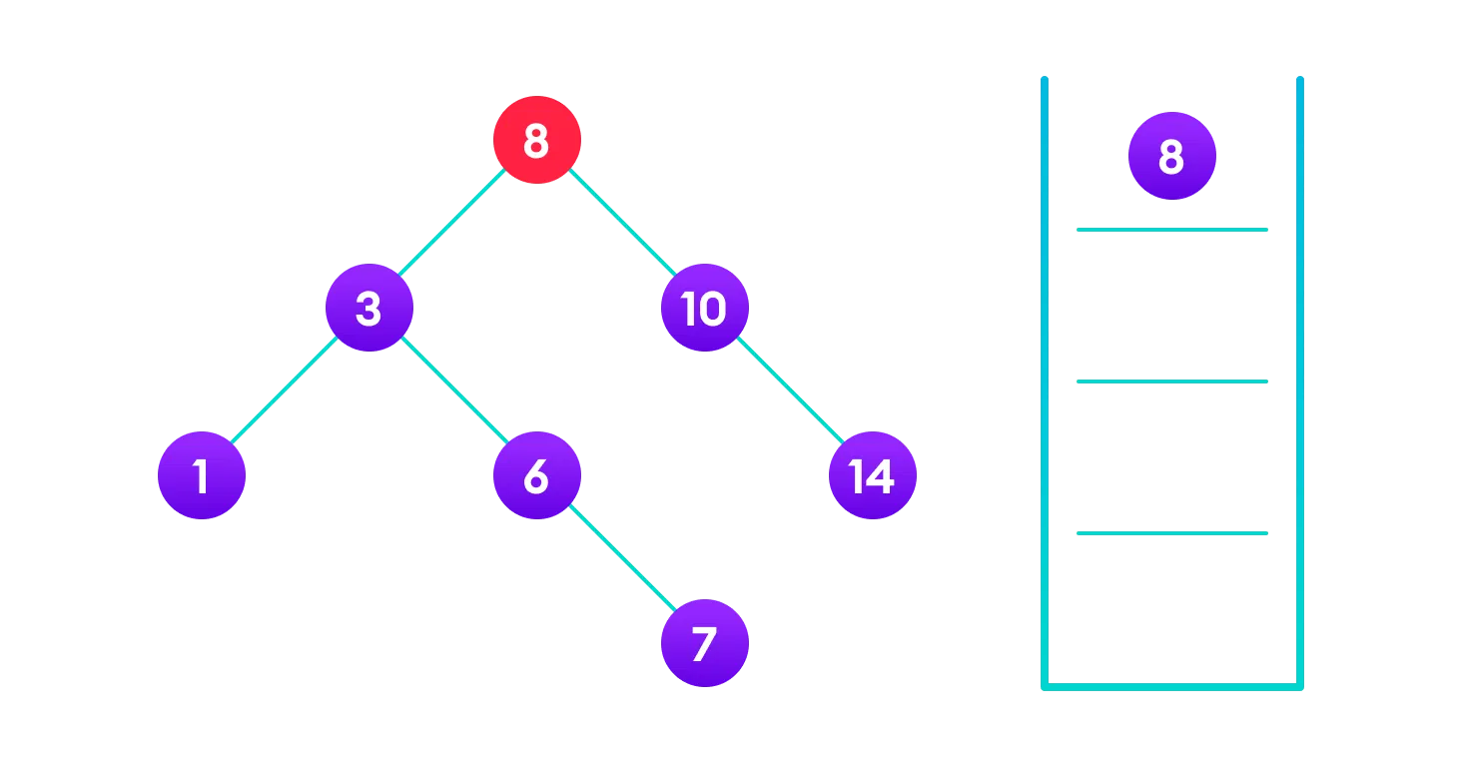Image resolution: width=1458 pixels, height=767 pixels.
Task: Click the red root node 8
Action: coord(537,140)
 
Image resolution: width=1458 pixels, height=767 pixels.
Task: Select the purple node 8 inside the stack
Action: coord(1171,156)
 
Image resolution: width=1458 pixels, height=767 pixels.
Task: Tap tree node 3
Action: coord(369,308)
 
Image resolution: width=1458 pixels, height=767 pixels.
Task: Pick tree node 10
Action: coord(704,308)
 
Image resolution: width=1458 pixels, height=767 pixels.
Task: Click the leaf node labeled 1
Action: coord(202,475)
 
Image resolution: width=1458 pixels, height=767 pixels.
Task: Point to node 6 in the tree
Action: coord(537,475)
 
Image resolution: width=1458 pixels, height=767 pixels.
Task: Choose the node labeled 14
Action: coord(872,475)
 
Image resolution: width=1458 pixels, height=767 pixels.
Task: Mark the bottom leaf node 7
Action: coord(704,643)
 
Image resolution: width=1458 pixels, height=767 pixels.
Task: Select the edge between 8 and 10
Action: coord(621,224)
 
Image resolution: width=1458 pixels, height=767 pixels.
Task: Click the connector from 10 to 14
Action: coord(789,391)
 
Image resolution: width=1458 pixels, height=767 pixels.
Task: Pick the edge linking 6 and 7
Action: coord(621,559)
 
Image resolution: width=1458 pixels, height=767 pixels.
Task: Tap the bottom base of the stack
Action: coord(1171,686)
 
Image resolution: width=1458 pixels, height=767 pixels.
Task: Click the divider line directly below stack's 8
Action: coord(1171,230)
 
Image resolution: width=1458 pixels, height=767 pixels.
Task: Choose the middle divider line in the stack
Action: coord(1171,382)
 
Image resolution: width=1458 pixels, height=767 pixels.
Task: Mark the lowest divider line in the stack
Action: coord(1171,533)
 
